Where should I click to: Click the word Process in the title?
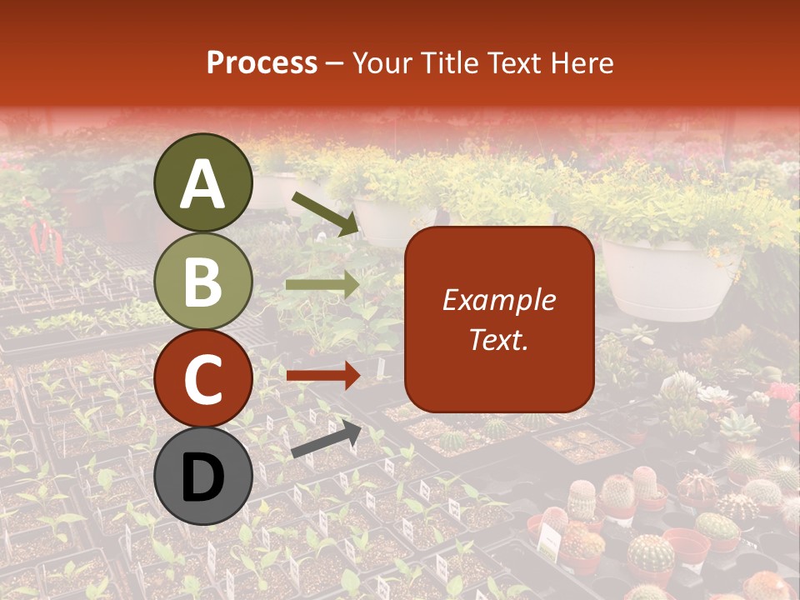(x=262, y=63)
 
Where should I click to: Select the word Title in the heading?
(x=446, y=63)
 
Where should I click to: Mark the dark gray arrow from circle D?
(x=326, y=440)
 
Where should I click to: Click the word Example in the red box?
(x=498, y=301)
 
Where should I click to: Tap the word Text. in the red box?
(x=498, y=339)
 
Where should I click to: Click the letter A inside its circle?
(x=203, y=183)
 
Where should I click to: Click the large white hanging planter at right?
(x=667, y=278)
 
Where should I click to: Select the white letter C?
(x=203, y=380)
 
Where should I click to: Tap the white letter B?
(x=203, y=282)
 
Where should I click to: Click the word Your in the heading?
(x=382, y=63)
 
